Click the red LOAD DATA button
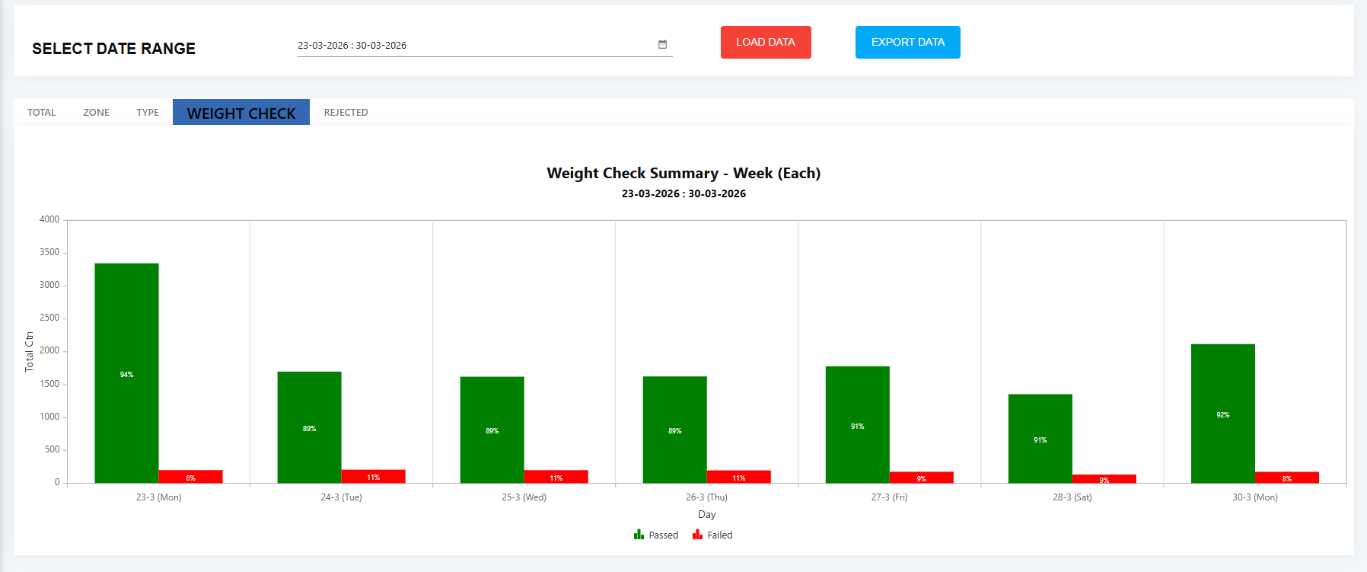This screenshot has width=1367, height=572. (x=766, y=42)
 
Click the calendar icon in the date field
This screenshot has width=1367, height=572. (x=662, y=44)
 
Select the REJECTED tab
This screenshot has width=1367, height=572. (x=346, y=112)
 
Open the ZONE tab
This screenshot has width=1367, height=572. (x=96, y=112)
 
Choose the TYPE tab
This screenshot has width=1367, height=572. (x=148, y=112)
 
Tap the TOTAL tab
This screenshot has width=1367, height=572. (x=42, y=112)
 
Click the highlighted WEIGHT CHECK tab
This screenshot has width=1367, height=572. (x=241, y=113)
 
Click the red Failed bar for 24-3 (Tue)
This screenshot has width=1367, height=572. (x=373, y=476)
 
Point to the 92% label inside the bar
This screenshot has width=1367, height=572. (x=1222, y=415)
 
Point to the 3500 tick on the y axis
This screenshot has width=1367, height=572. (x=49, y=252)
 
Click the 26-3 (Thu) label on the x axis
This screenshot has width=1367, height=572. (x=706, y=497)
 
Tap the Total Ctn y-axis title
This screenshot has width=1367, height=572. (x=29, y=351)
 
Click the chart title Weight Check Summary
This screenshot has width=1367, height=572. (x=683, y=173)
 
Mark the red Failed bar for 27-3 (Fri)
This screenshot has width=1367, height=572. (x=921, y=477)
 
